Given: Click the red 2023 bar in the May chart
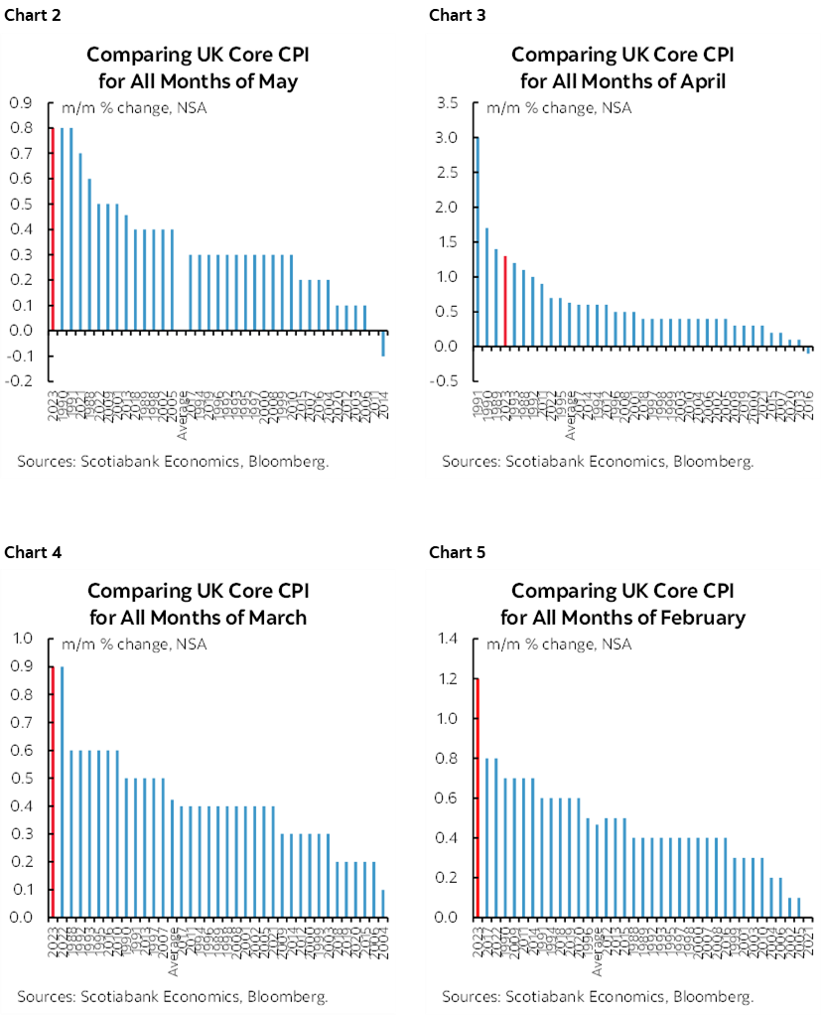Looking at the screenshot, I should tap(53, 228).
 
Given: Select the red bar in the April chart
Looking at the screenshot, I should tap(504, 301).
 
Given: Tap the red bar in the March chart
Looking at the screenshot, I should tap(53, 792).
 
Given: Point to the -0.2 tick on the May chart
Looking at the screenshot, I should tap(19, 380).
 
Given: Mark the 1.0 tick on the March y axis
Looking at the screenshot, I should tap(21, 639).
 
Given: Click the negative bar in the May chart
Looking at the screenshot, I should tap(384, 343).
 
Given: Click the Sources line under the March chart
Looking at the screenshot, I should tap(172, 995).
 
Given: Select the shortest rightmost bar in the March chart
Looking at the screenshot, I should tap(384, 903).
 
